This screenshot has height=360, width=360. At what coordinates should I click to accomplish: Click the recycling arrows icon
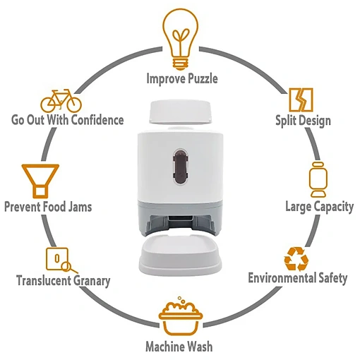pyautogui.click(x=296, y=259)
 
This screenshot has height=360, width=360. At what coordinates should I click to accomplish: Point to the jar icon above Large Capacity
pyautogui.click(x=318, y=179)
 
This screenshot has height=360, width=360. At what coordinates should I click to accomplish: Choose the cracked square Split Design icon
pyautogui.click(x=301, y=100)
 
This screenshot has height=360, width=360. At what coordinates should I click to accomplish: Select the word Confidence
pyautogui.click(x=97, y=119)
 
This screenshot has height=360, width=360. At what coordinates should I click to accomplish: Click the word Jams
pyautogui.click(x=80, y=207)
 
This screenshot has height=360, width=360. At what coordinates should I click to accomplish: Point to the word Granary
pyautogui.click(x=92, y=281)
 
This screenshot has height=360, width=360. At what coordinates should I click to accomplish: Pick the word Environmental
pyautogui.click(x=282, y=277)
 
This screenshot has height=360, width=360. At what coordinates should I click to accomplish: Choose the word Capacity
pyautogui.click(x=333, y=207)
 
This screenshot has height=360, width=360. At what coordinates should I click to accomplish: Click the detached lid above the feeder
pyautogui.click(x=180, y=112)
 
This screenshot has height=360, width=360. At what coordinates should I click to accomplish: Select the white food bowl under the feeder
pyautogui.click(x=180, y=256)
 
